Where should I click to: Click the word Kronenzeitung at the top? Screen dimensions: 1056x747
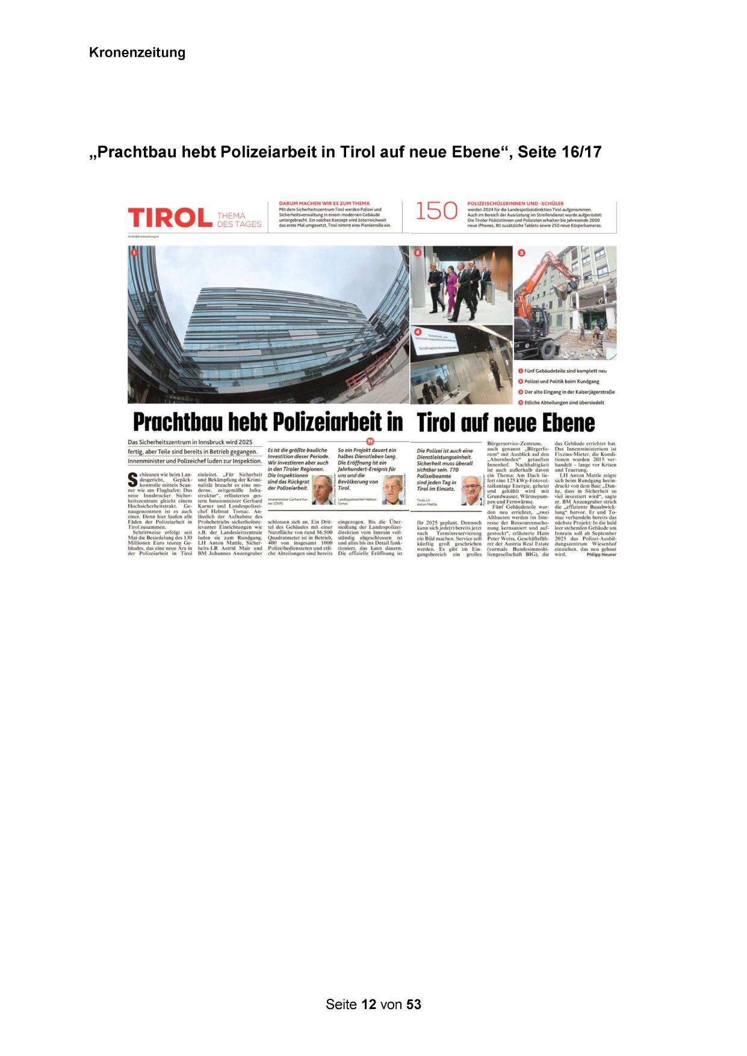(x=137, y=52)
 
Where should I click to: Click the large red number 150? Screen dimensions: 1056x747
(x=436, y=211)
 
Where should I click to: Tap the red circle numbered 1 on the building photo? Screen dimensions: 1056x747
(x=134, y=252)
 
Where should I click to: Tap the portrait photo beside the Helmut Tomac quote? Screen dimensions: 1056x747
(x=392, y=489)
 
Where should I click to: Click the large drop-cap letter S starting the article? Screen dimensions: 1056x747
(x=133, y=480)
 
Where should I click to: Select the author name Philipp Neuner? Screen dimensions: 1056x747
(x=601, y=554)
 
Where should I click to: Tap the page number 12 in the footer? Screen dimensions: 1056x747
(x=369, y=1004)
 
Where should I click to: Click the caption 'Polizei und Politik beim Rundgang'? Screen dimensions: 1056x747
(x=562, y=382)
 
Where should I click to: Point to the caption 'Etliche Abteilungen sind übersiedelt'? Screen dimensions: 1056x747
(x=564, y=403)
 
